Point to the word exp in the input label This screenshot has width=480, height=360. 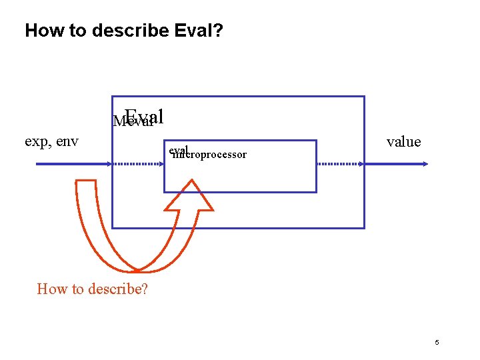point(35,141)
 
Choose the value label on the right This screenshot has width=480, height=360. point(403,141)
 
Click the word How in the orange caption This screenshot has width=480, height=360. point(52,289)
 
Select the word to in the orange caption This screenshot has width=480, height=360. point(77,289)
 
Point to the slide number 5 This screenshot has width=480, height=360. point(437,343)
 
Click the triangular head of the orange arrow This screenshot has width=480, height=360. point(189,197)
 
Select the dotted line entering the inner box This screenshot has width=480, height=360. point(137,163)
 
